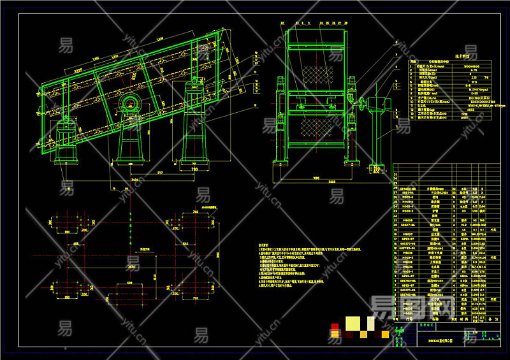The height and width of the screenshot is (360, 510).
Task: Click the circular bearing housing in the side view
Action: (133, 103)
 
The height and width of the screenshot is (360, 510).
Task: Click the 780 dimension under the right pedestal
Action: (195, 170)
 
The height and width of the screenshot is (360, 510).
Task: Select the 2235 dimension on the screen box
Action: (79, 66)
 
